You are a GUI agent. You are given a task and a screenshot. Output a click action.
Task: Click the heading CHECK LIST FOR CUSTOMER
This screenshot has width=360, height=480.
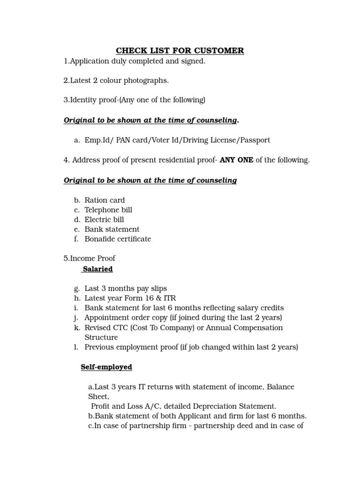point(180,51)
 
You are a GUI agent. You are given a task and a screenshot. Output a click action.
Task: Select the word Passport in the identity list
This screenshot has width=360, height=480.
point(255,140)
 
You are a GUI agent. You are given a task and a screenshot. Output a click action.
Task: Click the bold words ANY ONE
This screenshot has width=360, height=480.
point(236,160)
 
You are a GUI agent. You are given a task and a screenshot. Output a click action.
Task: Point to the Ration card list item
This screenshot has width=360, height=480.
point(105,200)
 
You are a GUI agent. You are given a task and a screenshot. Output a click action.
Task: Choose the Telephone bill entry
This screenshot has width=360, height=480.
point(108,210)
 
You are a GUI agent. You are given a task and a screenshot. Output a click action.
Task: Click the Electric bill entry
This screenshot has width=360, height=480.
point(104,220)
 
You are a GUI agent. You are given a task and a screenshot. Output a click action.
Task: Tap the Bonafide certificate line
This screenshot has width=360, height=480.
point(118,239)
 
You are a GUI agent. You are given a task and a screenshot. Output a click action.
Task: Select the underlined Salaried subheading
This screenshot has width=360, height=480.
point(97,269)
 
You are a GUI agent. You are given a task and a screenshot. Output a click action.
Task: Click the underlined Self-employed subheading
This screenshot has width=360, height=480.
point(106,367)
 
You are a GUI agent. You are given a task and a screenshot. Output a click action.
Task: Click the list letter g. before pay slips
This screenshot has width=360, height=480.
point(77,289)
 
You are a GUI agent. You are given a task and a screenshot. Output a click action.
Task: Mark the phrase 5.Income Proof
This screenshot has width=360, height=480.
point(89,259)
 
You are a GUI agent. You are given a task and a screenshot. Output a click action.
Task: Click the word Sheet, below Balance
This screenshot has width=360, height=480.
point(98,397)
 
